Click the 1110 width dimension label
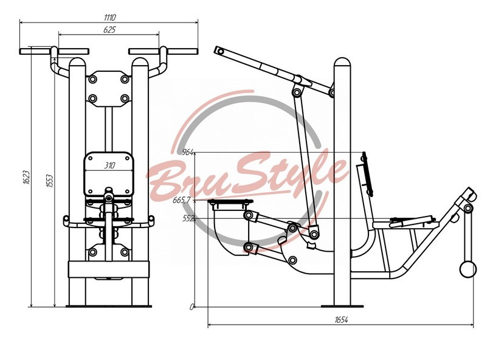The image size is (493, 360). click(110, 17)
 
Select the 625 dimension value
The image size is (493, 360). click(109, 30)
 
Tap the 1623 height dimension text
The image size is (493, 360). click(27, 178)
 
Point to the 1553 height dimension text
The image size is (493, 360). click(50, 181)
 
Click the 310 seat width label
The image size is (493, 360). click(110, 165)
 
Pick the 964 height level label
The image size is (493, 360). click(188, 153)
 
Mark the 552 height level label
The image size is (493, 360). click(188, 218)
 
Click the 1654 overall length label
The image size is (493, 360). click(342, 320)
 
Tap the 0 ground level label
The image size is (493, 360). click(191, 307)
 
